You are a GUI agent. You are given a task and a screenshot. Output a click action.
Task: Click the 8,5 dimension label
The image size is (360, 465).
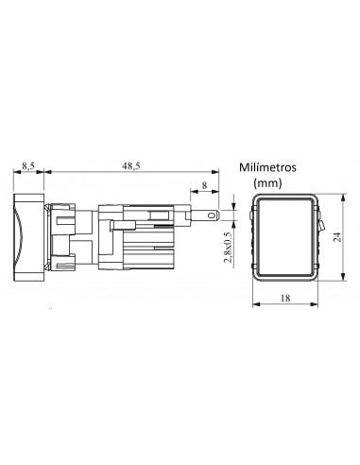28,166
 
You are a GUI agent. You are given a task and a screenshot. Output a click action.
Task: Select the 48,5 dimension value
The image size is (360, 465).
131,166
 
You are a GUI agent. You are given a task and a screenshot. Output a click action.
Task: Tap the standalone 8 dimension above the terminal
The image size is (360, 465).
205,185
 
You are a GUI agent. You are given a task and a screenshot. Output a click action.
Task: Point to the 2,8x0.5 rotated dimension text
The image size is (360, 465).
228,248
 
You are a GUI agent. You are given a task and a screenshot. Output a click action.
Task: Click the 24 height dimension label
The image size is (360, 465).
337,236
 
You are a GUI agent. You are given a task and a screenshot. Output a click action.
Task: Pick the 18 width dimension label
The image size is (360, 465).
285,298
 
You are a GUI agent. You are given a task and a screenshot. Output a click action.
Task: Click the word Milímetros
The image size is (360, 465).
267,167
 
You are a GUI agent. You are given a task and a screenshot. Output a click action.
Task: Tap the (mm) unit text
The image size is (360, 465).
267,182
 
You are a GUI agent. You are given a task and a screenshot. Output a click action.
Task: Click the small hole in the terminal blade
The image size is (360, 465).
212,215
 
